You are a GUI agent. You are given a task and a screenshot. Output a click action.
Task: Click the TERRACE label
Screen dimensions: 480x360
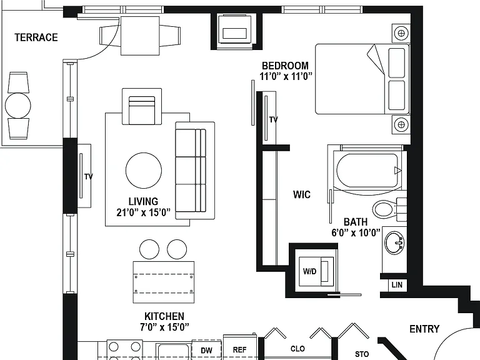[36, 37]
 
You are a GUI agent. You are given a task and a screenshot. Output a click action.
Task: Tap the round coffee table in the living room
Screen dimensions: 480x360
[144, 171]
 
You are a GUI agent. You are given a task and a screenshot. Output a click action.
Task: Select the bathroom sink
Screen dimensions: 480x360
[394, 243]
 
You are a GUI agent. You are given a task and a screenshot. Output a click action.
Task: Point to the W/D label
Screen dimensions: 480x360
[309, 271]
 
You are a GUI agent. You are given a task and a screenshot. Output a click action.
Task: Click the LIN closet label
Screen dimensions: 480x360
[397, 285]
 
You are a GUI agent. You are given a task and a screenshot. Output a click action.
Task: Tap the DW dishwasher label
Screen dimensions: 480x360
[206, 350]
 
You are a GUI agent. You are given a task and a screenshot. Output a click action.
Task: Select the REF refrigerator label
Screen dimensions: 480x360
[239, 349]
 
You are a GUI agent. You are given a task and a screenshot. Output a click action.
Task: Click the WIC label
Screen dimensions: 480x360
[301, 194]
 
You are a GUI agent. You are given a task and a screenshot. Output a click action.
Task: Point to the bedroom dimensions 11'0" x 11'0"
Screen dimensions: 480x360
[286, 76]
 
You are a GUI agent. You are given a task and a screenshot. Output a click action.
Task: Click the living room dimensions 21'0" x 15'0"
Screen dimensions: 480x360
[143, 212]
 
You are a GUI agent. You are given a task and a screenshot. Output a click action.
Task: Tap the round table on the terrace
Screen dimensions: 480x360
[18, 106]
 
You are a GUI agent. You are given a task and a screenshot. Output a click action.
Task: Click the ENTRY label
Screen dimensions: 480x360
[424, 329]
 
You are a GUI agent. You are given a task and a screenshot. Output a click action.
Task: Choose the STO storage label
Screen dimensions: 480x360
[361, 354]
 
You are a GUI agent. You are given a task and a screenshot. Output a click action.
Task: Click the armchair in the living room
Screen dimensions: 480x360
[142, 106]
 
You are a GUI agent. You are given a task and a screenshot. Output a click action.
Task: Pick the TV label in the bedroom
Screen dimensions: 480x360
[273, 119]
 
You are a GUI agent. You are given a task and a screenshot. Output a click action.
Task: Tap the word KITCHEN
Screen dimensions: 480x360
[164, 316]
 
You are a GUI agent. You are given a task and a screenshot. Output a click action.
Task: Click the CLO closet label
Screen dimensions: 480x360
[297, 349]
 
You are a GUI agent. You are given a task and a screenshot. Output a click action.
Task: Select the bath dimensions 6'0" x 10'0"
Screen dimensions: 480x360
[356, 232]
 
